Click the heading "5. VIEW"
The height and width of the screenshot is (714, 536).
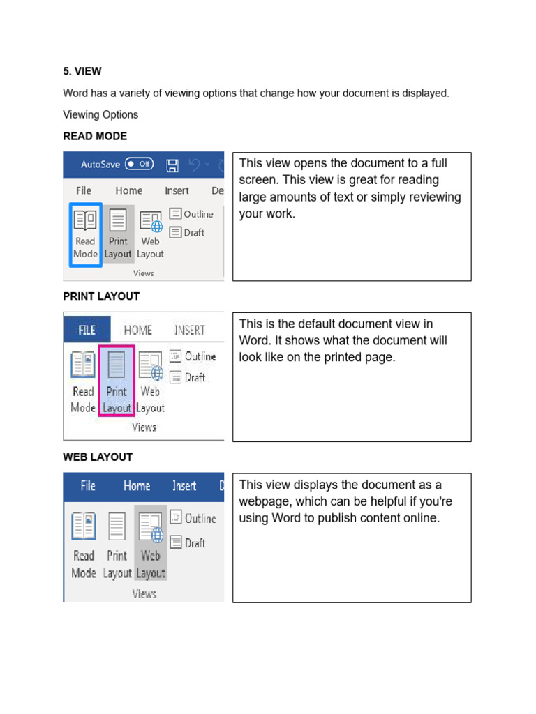coord(82,72)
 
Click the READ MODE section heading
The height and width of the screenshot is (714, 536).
coord(95,136)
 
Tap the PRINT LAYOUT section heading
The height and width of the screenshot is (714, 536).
coord(101,296)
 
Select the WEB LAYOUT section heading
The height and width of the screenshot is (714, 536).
coord(98,457)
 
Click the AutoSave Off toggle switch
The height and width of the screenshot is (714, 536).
coord(140,164)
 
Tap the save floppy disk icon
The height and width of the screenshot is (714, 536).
coord(172,165)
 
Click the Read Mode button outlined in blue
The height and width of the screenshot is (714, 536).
coord(85,234)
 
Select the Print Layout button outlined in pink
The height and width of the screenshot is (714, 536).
coord(117,381)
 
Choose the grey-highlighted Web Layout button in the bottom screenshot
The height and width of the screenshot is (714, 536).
coord(151,542)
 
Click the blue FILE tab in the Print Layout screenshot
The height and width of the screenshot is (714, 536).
coord(87,330)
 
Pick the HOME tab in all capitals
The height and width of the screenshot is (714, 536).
coord(137,330)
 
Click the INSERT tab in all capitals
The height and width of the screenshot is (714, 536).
coord(190,330)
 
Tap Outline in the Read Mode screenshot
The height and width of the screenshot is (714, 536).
coord(191,214)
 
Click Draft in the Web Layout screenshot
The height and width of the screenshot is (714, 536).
coord(188,542)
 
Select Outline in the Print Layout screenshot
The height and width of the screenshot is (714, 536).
coord(193,356)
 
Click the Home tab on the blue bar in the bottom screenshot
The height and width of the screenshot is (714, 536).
coord(137,486)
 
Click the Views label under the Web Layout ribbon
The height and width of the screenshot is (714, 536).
coord(144,594)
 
